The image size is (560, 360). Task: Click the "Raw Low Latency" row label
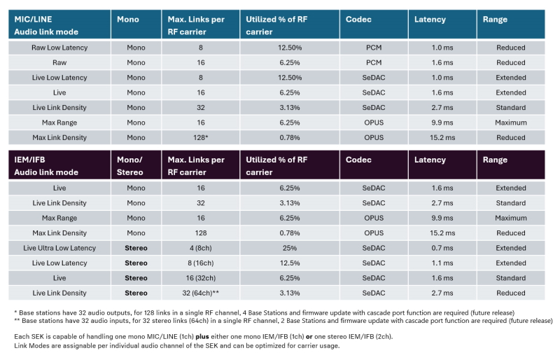[x=59, y=48]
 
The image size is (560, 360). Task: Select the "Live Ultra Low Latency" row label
[x=59, y=248]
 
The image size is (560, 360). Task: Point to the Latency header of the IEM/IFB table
[x=430, y=160]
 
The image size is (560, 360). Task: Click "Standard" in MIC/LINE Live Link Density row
[x=510, y=107]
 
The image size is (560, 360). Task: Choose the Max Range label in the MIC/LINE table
[x=59, y=123]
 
